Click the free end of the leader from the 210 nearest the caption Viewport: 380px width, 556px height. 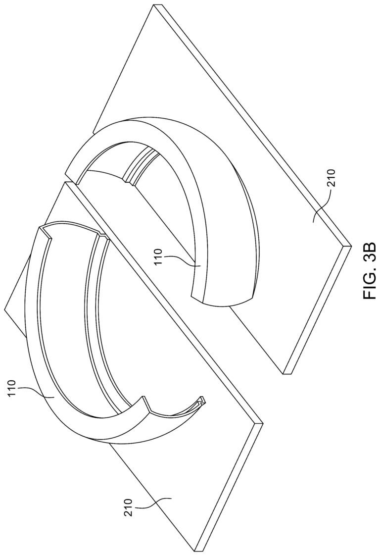coord(313,220)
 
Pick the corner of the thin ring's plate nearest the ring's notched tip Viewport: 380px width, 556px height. coord(262,423)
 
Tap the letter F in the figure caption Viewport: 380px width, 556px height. coord(368,293)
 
